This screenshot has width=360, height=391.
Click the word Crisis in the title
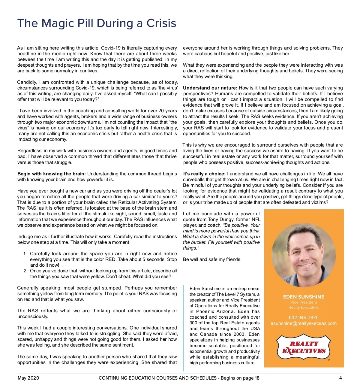161,23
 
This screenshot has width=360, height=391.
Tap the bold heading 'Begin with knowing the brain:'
52,174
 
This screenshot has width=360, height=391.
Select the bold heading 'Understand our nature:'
210,88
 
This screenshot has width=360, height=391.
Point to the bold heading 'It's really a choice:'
204,174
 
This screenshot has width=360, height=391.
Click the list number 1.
25,254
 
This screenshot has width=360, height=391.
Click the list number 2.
25,271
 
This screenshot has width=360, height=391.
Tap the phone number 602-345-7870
304,317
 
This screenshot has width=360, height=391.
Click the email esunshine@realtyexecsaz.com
304,323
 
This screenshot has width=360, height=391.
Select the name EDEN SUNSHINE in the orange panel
304,297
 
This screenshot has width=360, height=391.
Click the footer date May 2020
28,378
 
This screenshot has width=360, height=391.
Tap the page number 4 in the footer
340,378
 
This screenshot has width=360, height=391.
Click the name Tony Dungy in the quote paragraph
219,220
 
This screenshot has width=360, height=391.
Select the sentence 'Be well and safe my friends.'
212,259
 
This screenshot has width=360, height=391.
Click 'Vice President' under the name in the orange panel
304,302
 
